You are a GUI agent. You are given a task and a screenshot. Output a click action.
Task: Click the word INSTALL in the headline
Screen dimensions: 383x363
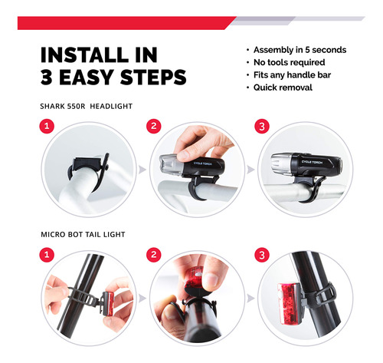pos(84,54)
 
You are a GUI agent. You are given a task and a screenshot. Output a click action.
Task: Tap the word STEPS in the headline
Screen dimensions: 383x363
pos(153,77)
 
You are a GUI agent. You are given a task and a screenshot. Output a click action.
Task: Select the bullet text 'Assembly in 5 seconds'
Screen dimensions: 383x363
pos(300,50)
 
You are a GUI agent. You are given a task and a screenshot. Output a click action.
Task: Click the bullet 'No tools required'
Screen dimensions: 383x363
pos(289,62)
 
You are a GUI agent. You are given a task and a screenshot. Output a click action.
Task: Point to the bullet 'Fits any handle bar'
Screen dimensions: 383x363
pos(292,75)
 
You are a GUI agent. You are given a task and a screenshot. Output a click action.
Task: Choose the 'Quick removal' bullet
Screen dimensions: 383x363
pos(283,87)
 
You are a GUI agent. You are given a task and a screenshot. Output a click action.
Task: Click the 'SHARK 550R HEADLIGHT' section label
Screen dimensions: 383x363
pos(87,106)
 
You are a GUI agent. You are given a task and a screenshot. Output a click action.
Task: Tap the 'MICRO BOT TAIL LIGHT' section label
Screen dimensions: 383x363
pos(83,234)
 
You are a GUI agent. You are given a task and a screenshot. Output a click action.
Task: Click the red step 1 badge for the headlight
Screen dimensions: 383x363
pos(47,126)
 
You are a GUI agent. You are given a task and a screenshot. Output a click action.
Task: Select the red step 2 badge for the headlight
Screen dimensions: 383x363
pos(154,126)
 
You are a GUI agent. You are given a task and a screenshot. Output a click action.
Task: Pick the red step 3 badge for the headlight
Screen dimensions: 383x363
pos(262,127)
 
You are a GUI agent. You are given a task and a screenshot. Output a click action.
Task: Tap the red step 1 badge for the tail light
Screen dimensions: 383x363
pos(47,255)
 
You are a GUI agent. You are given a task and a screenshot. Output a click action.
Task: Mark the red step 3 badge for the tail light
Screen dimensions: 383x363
pos(262,255)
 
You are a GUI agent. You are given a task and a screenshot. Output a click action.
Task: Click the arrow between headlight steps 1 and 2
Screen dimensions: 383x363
pos(142,170)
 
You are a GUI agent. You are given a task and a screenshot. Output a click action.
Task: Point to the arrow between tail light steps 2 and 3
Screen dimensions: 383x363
pos(250,298)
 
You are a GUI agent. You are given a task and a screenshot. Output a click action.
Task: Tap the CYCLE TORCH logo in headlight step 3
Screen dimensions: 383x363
pos(312,162)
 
